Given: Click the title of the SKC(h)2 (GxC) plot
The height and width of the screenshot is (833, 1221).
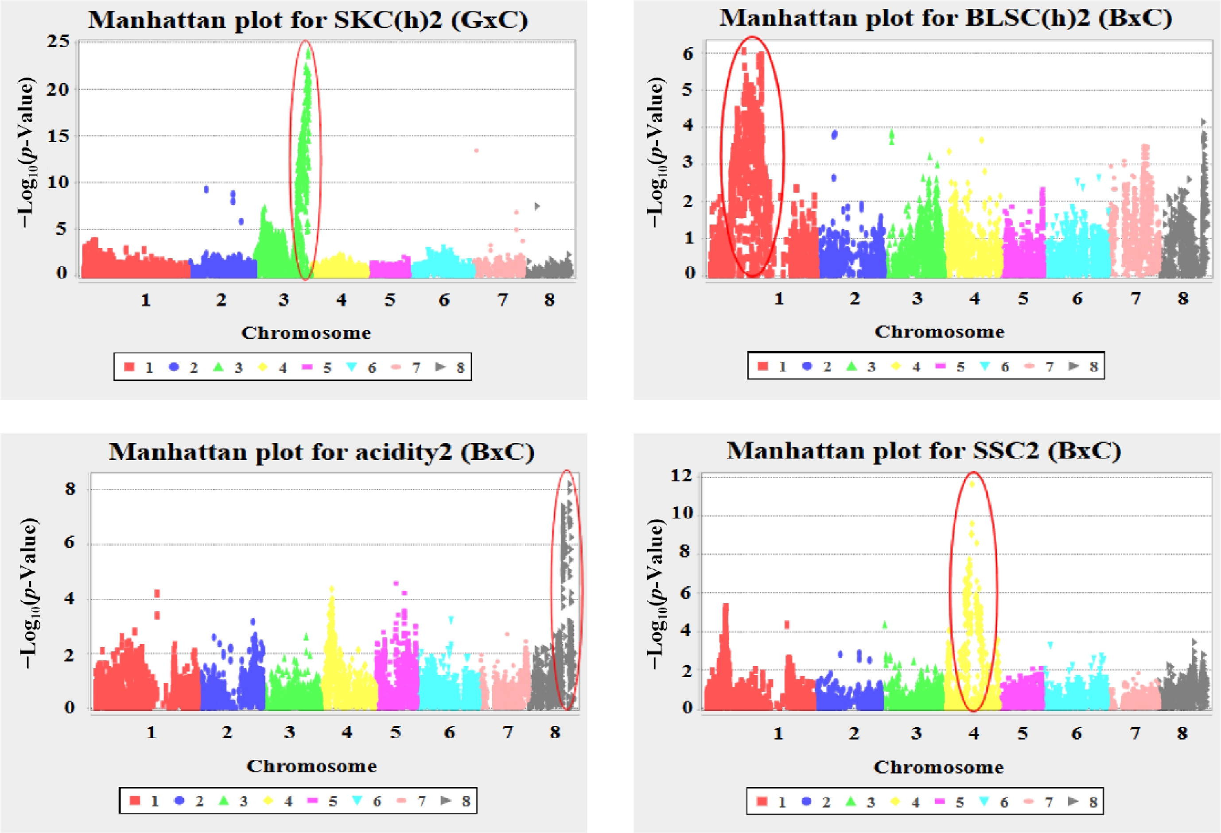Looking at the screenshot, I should point(307,20).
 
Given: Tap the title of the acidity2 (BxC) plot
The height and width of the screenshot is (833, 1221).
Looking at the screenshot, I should point(322,452).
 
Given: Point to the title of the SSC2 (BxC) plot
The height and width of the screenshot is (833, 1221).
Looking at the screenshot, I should point(924,451).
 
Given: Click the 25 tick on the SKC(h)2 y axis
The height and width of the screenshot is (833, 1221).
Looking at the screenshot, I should point(58,42).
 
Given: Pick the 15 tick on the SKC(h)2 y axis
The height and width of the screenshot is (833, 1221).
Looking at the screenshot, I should point(58,136).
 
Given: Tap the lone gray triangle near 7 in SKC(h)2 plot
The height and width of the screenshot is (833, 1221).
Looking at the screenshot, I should point(537,206).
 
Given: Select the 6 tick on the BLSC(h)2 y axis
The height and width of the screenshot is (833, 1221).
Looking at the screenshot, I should point(688,53).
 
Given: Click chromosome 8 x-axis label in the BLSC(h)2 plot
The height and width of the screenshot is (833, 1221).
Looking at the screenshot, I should point(1182,299).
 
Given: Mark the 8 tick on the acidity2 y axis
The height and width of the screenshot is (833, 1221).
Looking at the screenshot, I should point(70,489).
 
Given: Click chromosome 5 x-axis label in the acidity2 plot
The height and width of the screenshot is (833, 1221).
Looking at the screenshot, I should point(396,732).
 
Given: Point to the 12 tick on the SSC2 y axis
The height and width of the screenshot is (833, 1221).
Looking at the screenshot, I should point(681,476).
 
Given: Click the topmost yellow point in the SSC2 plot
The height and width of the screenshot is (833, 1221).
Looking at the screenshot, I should point(972,484).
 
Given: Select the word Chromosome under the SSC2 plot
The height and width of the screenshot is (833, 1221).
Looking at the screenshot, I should point(939,767).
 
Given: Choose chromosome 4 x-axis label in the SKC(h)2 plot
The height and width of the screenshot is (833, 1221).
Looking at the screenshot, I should point(342,300).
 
